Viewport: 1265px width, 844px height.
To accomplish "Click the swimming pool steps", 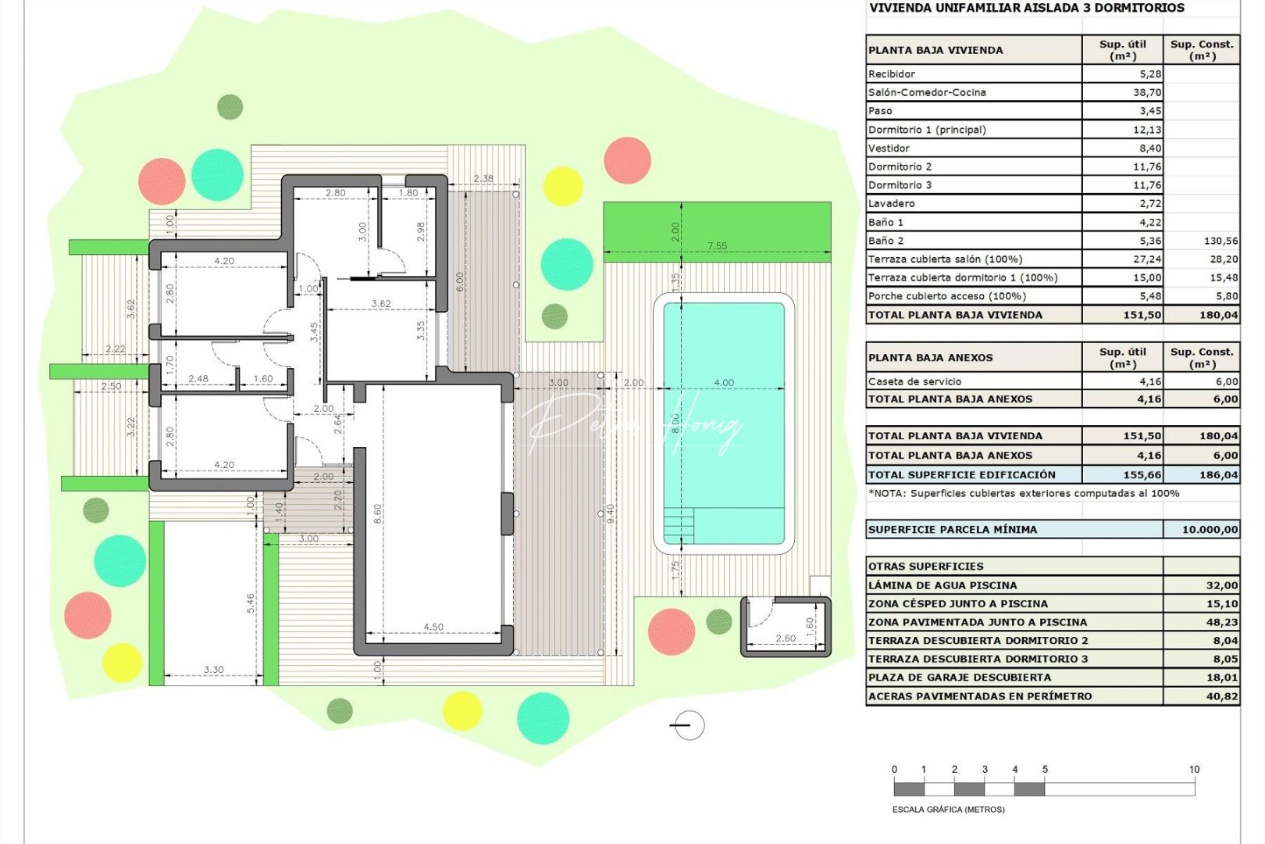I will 679,525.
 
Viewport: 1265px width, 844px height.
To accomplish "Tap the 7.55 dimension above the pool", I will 717,245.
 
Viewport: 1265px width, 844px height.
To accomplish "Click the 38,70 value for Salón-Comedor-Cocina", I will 1146,92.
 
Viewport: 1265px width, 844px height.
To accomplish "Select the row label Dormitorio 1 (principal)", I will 927,130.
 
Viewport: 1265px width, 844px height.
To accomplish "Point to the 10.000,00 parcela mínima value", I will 1210,530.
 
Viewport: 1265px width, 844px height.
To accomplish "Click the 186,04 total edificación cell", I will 1218,475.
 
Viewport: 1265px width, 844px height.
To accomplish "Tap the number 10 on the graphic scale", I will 1194,770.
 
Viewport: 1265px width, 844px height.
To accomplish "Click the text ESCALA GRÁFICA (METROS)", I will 948,810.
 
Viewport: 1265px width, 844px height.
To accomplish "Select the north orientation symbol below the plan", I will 687,725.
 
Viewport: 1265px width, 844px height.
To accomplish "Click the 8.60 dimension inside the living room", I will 378,513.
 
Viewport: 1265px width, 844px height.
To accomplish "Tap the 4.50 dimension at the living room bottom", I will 433,627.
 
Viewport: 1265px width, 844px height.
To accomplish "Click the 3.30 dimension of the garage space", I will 213,670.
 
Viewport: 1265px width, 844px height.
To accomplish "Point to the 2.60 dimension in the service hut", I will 786,638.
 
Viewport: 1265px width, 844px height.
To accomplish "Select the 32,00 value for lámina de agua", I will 1221,585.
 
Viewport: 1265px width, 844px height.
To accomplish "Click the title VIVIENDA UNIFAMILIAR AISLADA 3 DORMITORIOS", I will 1026,8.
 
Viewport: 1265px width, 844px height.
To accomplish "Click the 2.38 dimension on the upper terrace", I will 483,178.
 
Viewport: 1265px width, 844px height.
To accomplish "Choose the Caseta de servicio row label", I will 914,381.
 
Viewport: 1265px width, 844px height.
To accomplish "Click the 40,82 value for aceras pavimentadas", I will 1221,696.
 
